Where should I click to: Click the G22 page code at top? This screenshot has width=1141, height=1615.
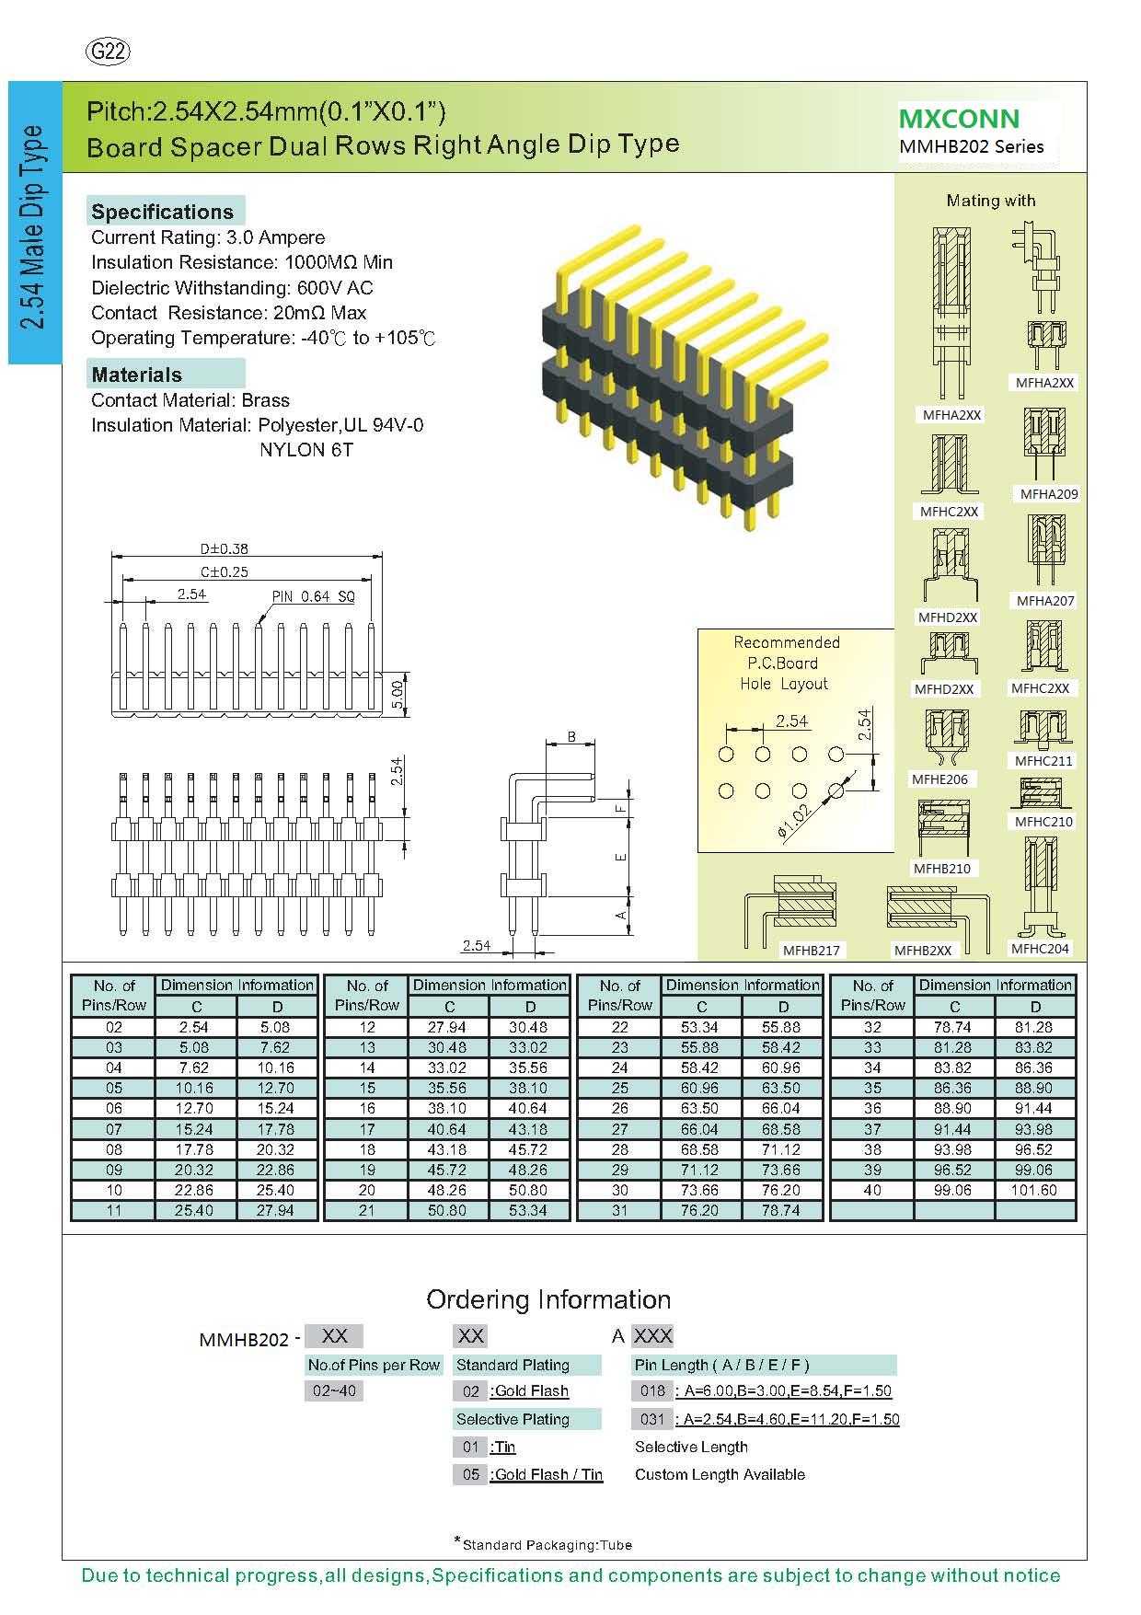point(107,52)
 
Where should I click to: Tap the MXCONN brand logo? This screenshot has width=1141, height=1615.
point(959,119)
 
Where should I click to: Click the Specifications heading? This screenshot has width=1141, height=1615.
point(163,212)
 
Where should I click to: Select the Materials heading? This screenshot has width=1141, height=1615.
point(136,375)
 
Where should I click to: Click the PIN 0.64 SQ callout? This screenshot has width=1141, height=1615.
point(313,596)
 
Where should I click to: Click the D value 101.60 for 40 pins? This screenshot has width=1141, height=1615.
point(1035,1190)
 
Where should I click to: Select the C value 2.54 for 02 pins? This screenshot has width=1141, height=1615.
point(194,1027)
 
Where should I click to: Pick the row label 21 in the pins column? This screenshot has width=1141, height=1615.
point(367,1210)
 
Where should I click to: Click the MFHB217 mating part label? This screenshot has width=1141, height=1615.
point(812,951)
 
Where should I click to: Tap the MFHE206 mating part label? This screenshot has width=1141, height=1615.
point(939,779)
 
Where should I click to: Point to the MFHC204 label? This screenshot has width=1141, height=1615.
point(1040,949)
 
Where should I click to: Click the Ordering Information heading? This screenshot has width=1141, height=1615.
point(548,1299)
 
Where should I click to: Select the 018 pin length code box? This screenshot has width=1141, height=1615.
point(652,1390)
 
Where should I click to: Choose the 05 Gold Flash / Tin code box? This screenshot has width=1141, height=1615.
point(471,1474)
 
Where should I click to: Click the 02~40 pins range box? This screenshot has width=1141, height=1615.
point(334,1390)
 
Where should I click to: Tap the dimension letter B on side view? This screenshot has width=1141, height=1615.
point(571,737)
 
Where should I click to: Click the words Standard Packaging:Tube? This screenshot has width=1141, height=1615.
point(547,1545)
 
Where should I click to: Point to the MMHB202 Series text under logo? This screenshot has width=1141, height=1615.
point(972,146)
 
